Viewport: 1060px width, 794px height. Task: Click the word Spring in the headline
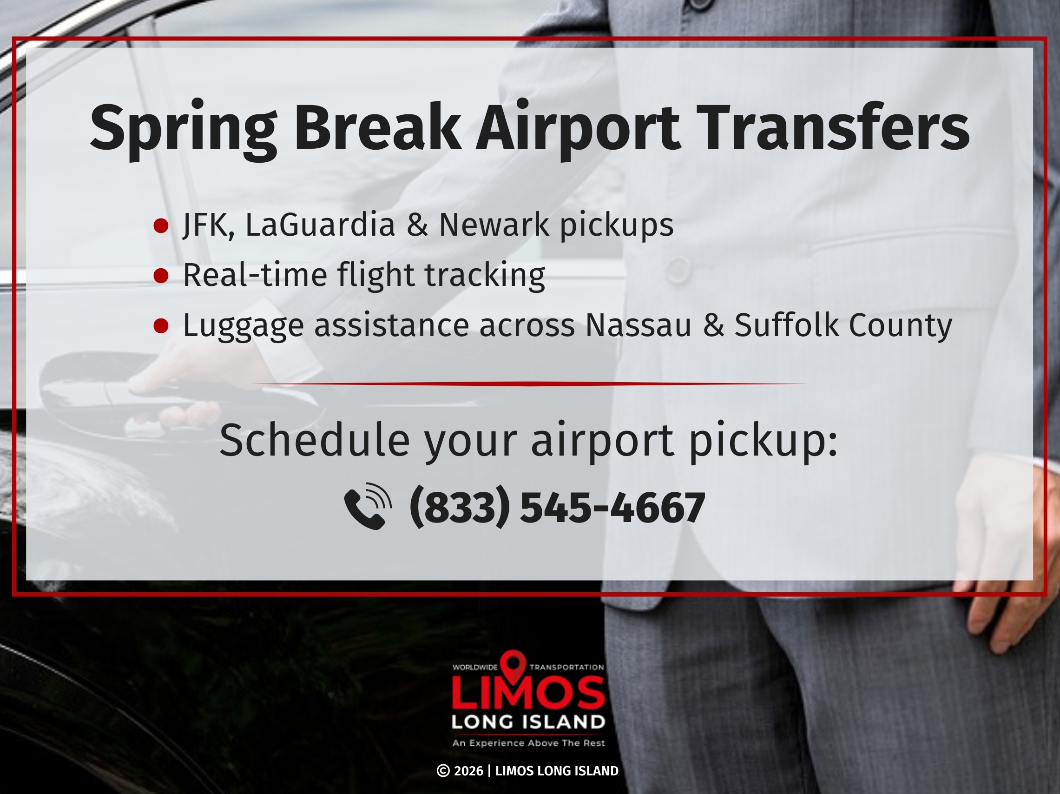click(x=183, y=129)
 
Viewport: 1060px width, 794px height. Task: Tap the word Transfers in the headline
click(x=834, y=127)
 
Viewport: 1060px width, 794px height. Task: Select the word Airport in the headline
click(x=578, y=129)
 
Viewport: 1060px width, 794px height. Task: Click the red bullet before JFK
click(x=161, y=225)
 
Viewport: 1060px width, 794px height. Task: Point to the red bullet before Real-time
click(x=161, y=276)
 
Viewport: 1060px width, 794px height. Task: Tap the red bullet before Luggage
click(x=161, y=326)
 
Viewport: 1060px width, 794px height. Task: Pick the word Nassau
click(x=639, y=325)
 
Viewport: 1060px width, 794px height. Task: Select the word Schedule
click(x=314, y=440)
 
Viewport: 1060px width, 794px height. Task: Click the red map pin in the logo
click(x=513, y=667)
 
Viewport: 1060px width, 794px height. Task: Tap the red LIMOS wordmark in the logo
click(x=528, y=692)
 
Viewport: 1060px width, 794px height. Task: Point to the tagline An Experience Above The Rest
click(x=528, y=743)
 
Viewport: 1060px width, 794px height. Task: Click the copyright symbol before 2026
click(x=443, y=771)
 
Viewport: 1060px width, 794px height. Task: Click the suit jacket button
click(x=678, y=270)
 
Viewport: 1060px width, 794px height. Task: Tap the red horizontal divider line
click(x=529, y=384)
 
